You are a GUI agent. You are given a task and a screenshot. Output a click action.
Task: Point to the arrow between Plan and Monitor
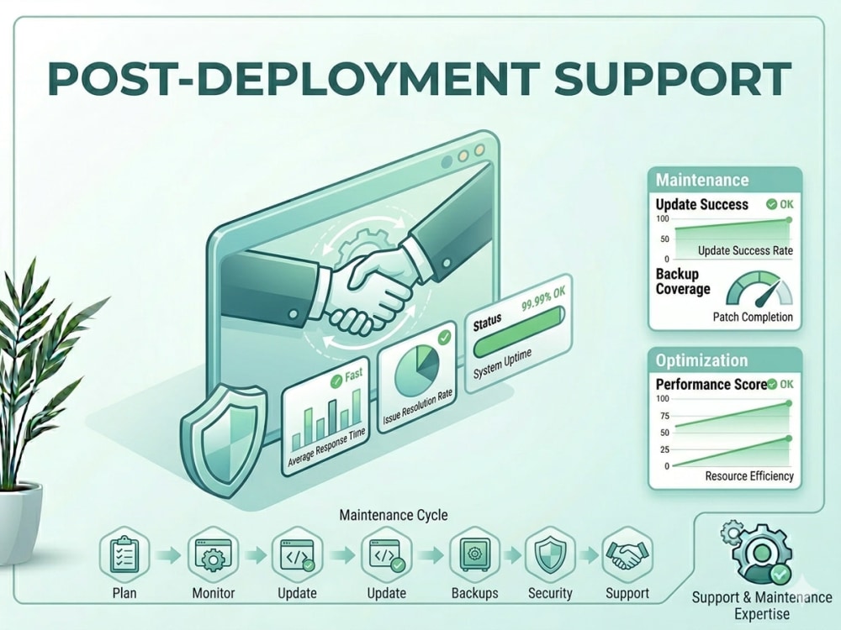[x=168, y=555]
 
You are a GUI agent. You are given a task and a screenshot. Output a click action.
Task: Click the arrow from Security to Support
[x=589, y=555]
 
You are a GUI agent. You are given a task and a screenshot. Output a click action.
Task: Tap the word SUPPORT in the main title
[x=673, y=79]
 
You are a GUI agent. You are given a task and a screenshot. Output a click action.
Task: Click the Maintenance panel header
[x=725, y=180]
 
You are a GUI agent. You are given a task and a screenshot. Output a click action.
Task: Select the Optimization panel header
[x=725, y=360]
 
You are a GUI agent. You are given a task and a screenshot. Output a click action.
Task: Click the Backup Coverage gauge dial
[x=759, y=289]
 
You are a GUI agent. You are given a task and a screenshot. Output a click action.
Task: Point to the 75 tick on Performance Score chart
[x=664, y=417]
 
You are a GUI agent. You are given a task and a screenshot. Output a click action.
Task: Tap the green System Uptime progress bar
[x=519, y=332]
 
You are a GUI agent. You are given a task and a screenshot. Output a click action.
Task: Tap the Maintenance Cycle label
[x=394, y=516]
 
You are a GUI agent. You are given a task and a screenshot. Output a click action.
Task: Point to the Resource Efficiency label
[x=749, y=475]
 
